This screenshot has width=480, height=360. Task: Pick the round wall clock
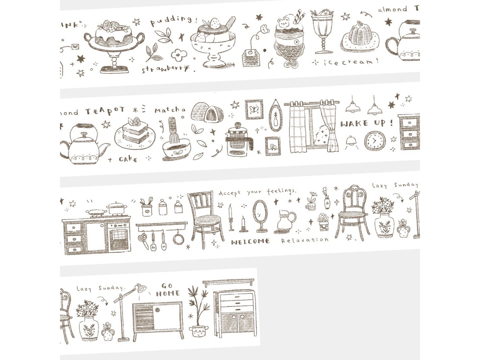374,141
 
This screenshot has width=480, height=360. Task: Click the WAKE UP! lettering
366,124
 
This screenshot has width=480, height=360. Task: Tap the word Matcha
170,110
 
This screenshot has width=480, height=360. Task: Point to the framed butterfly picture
254,109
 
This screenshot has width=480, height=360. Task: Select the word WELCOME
250,242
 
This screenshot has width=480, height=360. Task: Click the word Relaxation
304,240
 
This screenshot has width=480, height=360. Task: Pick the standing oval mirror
260,215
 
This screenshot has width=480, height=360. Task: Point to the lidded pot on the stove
117,208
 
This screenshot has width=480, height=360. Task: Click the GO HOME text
168,290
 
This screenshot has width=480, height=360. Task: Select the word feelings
281,191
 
